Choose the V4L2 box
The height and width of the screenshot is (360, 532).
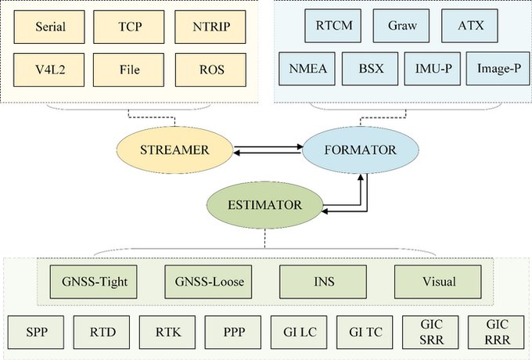(x=50, y=70)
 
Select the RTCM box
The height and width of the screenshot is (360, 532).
(x=334, y=26)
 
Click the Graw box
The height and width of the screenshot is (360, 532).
(x=402, y=26)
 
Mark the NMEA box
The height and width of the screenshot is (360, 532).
(x=308, y=68)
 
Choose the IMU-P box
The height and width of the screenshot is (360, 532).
(x=433, y=68)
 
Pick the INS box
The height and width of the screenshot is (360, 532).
(x=315, y=279)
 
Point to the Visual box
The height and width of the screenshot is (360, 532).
(x=433, y=279)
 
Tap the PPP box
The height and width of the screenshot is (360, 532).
(x=233, y=330)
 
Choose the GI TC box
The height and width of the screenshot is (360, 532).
(x=364, y=330)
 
